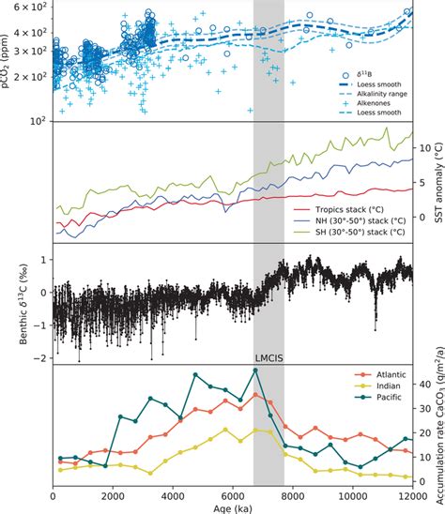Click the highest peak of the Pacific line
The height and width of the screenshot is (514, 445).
(254, 370)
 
